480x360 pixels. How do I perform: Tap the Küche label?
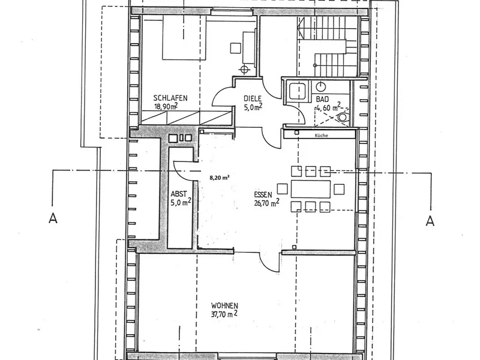320,136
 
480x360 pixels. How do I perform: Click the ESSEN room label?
263,195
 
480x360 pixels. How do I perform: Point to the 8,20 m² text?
220,178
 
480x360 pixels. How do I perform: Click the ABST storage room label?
179,194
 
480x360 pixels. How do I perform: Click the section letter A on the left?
53,220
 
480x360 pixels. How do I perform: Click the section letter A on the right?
429,220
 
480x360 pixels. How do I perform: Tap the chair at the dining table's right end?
339,189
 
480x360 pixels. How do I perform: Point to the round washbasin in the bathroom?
321,86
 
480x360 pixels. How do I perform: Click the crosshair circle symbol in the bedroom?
244,70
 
